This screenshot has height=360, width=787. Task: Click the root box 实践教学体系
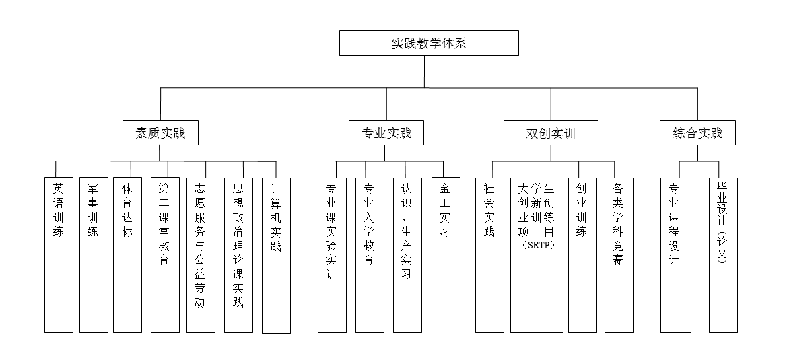pos(429,44)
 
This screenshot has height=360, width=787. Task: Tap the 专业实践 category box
pos(386,133)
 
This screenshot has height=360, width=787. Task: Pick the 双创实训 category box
pos(550,133)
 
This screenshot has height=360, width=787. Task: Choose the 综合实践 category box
pos(697,133)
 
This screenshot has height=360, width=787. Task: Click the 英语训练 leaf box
pos(59,255)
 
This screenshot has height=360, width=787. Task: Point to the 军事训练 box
pos(94,255)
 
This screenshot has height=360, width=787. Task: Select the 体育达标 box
pos(127,255)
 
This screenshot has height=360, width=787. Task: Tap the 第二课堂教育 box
pos(165,255)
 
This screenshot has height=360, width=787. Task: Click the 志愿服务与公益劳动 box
pos(200,255)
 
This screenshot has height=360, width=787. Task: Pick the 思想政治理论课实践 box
pos(238,255)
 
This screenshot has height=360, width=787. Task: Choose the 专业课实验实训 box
pos(331,255)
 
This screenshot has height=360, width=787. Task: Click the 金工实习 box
pos(446,255)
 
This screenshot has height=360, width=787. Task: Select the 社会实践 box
pos(489,255)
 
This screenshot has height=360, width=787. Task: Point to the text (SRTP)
pos(537,245)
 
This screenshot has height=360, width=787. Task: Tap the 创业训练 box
pos(582,255)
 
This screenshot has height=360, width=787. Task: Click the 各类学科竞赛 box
pos(619,255)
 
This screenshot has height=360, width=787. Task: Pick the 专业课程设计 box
pos(675,255)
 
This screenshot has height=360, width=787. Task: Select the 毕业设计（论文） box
pos(723,255)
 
